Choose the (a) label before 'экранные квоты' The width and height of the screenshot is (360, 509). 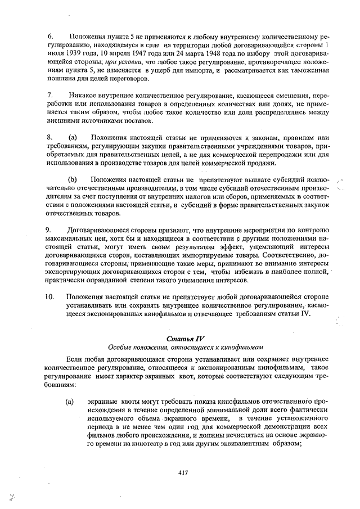(x=70, y=403)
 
